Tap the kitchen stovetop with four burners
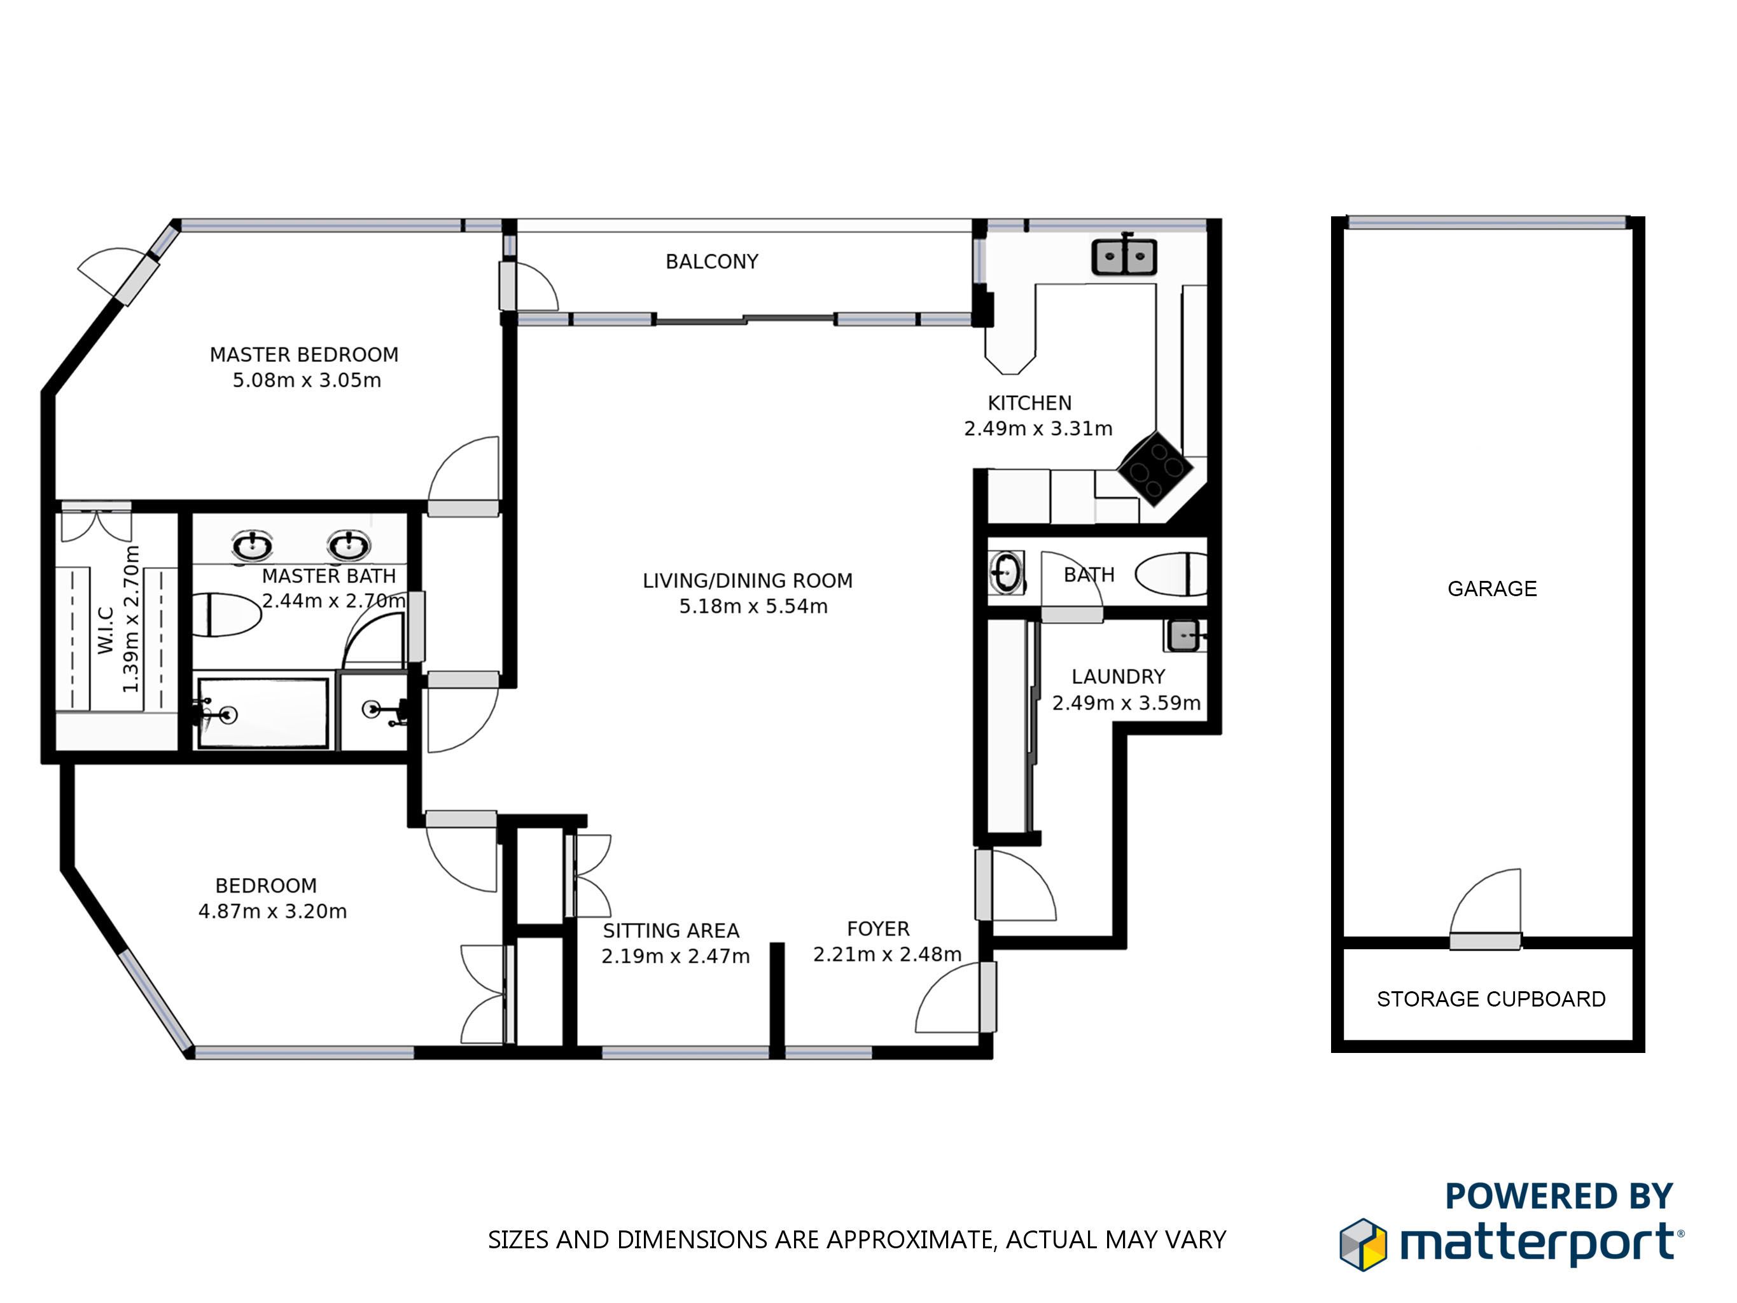click(1155, 469)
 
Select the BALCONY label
click(711, 261)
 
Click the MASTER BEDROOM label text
click(304, 355)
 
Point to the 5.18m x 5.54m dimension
click(753, 606)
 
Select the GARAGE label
click(1492, 589)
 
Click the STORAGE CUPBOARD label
click(1491, 999)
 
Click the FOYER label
click(878, 929)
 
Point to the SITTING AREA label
click(671, 931)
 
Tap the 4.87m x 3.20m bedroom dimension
click(272, 911)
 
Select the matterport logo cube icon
click(1364, 1245)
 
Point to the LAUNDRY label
click(1118, 677)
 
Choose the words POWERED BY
click(1559, 1197)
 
